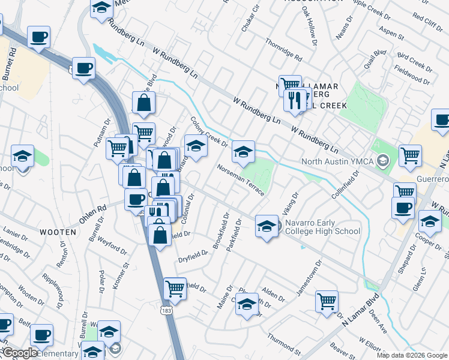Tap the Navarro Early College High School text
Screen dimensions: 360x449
(x=322, y=227)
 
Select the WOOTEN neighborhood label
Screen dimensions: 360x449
(x=58, y=232)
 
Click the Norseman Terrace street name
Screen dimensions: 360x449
(x=241, y=179)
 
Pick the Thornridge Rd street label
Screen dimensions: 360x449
(x=283, y=50)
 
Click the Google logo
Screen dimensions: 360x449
(x=20, y=353)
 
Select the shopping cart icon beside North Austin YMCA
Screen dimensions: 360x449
(x=410, y=155)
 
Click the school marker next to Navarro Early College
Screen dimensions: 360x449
(x=267, y=226)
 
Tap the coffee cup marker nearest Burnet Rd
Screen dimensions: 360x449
(x=39, y=37)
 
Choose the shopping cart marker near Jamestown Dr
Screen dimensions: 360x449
(x=327, y=301)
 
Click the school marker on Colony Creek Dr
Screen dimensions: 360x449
(x=196, y=145)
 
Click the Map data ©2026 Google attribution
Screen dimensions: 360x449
(x=411, y=355)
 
